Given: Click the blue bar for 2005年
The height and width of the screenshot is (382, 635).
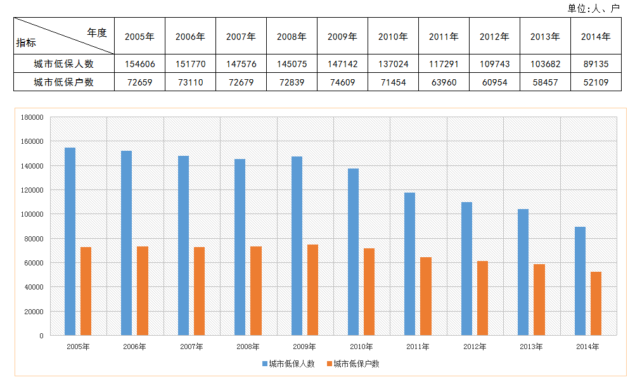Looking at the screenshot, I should click(70, 241).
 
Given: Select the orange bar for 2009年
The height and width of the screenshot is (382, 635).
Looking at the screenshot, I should click(312, 290).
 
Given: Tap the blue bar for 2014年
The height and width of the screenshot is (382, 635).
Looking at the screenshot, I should click(580, 281).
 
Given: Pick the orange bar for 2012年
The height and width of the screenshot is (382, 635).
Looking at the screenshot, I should click(482, 298).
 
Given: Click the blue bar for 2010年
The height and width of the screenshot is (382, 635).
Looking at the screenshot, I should click(353, 251).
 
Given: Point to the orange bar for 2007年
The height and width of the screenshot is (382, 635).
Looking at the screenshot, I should click(199, 291).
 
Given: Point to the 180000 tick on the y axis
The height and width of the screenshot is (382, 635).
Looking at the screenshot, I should click(31, 117).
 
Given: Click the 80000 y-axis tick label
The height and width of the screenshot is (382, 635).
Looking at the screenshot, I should click(33, 239).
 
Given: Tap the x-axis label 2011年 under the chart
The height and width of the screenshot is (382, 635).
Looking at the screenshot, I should click(418, 347).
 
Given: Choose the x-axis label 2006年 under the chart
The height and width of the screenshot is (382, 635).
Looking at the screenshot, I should click(134, 347).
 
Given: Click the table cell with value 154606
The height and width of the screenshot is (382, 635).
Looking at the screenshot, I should click(139, 64).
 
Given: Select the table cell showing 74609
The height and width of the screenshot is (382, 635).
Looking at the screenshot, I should click(342, 82).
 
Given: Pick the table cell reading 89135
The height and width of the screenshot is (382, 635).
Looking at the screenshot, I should click(596, 64).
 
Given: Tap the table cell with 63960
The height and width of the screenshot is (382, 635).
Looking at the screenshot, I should click(444, 82).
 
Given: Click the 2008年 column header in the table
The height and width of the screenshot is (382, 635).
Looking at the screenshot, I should click(292, 37).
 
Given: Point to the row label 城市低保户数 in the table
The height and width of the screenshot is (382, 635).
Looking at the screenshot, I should click(63, 82).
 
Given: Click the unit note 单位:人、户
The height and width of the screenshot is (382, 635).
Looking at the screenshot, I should click(593, 8).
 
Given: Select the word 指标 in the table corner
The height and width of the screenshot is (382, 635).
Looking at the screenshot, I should click(27, 43).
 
